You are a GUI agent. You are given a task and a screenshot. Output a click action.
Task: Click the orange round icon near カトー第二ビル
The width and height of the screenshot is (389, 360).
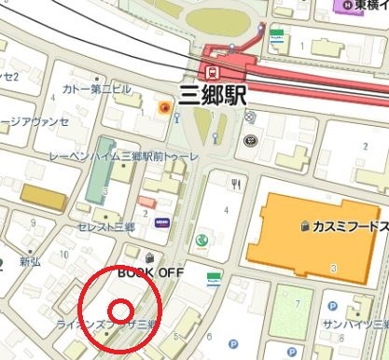pos(164,108)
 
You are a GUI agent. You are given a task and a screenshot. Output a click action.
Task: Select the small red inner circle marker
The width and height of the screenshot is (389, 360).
pos(120,311)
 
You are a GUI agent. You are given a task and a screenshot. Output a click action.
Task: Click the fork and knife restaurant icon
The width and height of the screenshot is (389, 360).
pos(237,184)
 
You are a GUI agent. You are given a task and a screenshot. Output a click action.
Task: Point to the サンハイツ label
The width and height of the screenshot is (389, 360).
pos(355,324)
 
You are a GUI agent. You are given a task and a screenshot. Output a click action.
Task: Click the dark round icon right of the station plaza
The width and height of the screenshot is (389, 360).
pos(250,141)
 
